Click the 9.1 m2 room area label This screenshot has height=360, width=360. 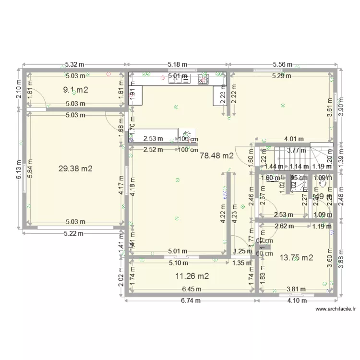click(76, 89)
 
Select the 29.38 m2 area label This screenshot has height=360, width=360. click(75, 168)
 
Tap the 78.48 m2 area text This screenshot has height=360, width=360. click(216, 156)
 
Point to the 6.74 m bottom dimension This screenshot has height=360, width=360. click(190, 301)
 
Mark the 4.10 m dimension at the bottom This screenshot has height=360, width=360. click(297, 301)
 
